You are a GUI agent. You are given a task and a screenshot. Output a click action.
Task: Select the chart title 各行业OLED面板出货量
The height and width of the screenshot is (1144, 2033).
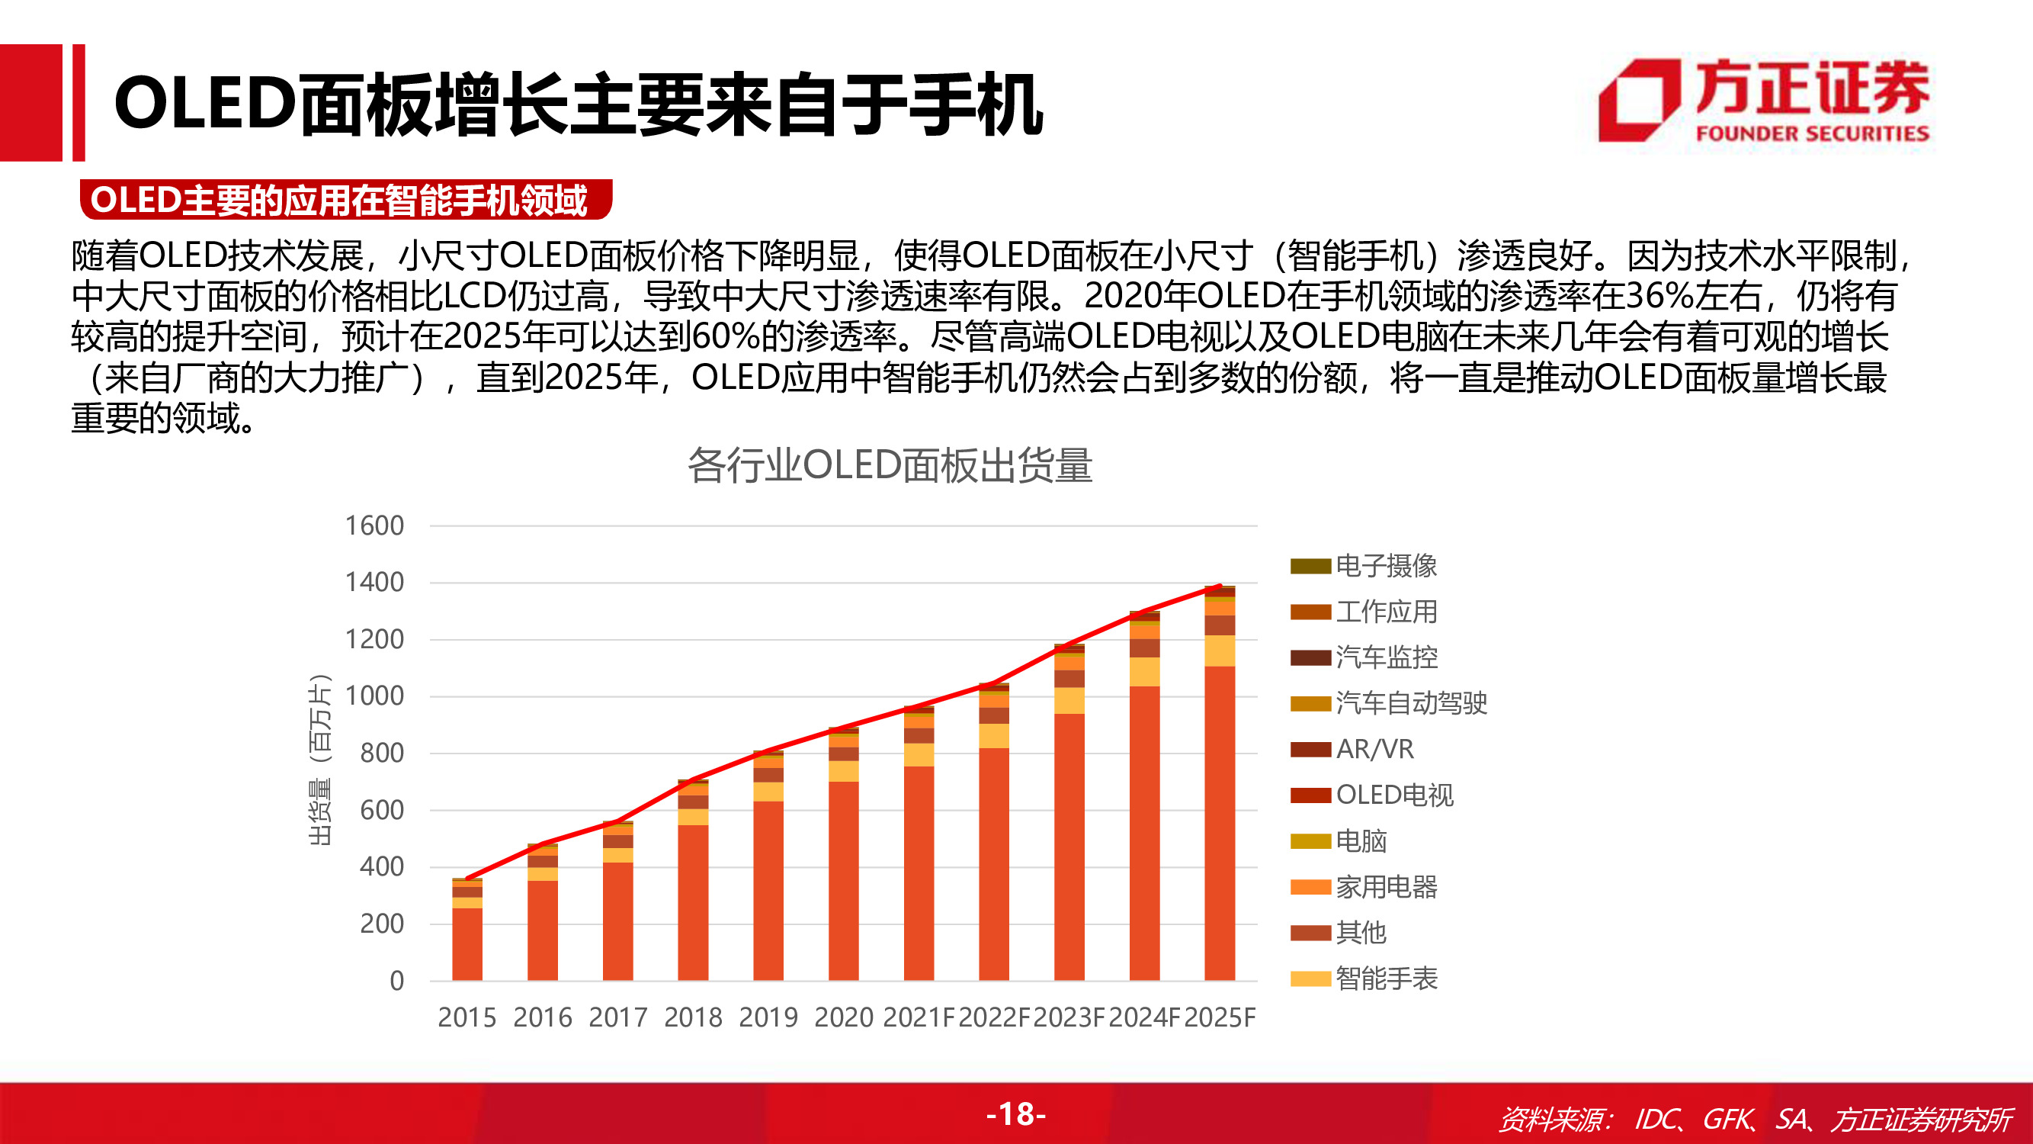[890, 465]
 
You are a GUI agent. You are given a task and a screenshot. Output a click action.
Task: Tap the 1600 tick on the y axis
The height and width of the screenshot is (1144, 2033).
[374, 525]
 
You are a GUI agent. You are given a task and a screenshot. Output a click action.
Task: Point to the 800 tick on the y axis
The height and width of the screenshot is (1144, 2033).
[381, 754]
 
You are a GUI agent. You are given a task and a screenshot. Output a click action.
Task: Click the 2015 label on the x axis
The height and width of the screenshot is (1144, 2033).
[467, 1017]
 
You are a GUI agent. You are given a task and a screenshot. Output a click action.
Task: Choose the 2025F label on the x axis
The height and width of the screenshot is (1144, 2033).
[1220, 1017]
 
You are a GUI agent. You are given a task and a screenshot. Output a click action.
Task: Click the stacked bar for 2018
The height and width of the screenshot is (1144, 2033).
[693, 884]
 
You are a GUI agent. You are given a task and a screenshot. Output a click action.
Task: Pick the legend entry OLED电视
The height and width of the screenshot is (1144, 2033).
[1393, 794]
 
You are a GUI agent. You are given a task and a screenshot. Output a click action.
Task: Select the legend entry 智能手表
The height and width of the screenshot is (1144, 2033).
[1385, 979]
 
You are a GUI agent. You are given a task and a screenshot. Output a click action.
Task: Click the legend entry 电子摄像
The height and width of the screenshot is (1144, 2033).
[1385, 565]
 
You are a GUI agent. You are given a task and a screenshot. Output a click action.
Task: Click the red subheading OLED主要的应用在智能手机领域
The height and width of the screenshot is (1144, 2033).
[339, 200]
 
